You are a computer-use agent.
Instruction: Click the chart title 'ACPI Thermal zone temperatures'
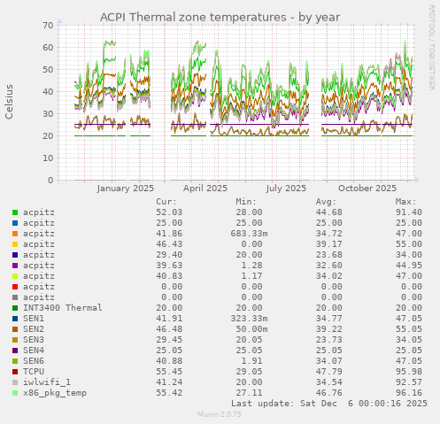220,16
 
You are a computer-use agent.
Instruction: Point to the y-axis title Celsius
10,101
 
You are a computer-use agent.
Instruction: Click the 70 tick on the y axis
48,25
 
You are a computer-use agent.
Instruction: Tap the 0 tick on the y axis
50,181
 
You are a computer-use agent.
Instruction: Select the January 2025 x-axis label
125,188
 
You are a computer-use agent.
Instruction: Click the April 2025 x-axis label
205,188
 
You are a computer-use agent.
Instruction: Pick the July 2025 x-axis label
286,188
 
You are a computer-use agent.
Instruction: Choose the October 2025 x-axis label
367,188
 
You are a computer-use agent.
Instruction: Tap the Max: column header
407,202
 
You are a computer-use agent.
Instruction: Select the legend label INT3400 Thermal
63,308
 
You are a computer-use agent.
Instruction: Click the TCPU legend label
34,372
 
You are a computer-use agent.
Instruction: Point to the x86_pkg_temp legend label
55,393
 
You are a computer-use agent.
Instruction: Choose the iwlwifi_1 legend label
47,382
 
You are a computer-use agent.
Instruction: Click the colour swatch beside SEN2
15,329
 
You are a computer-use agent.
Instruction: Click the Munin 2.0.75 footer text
220,414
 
